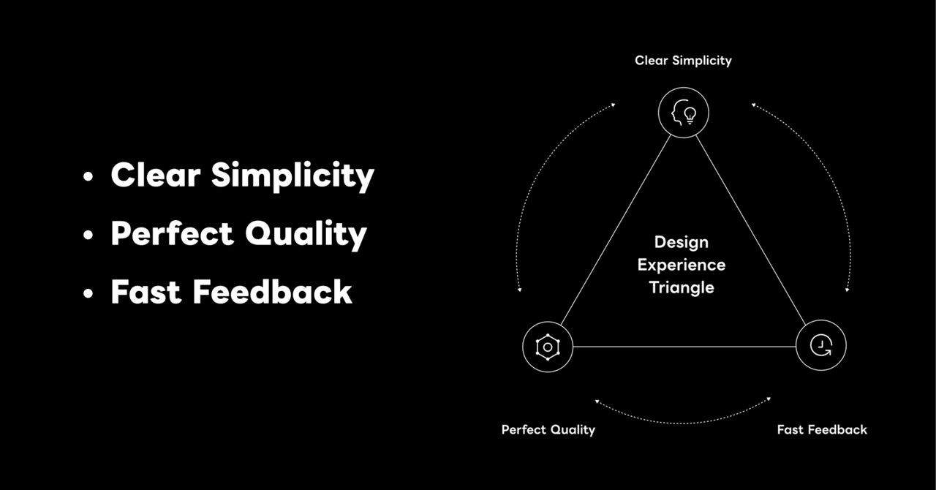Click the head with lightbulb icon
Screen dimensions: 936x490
684,113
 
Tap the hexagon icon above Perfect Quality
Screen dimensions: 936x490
548,347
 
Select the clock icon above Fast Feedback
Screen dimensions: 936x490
821,346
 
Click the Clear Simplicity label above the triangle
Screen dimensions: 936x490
683,61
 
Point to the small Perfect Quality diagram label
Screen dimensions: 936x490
548,430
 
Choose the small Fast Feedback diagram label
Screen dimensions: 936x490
822,430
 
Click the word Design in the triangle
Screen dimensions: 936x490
682,243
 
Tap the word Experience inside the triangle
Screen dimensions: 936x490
682,265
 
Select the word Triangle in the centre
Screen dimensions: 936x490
682,287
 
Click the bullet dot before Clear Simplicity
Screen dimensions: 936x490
88,176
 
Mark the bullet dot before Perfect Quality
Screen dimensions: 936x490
88,235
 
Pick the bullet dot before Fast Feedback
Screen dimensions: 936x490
88,293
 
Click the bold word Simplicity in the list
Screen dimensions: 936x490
292,176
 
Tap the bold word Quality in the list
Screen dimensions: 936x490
306,235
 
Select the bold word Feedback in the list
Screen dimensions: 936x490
273,292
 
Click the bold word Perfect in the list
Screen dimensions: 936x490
172,233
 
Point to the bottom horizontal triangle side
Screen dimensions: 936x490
684,347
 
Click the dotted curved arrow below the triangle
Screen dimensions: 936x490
683,423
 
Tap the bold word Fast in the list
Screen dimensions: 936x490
146,292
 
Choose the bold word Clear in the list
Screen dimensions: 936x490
156,175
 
